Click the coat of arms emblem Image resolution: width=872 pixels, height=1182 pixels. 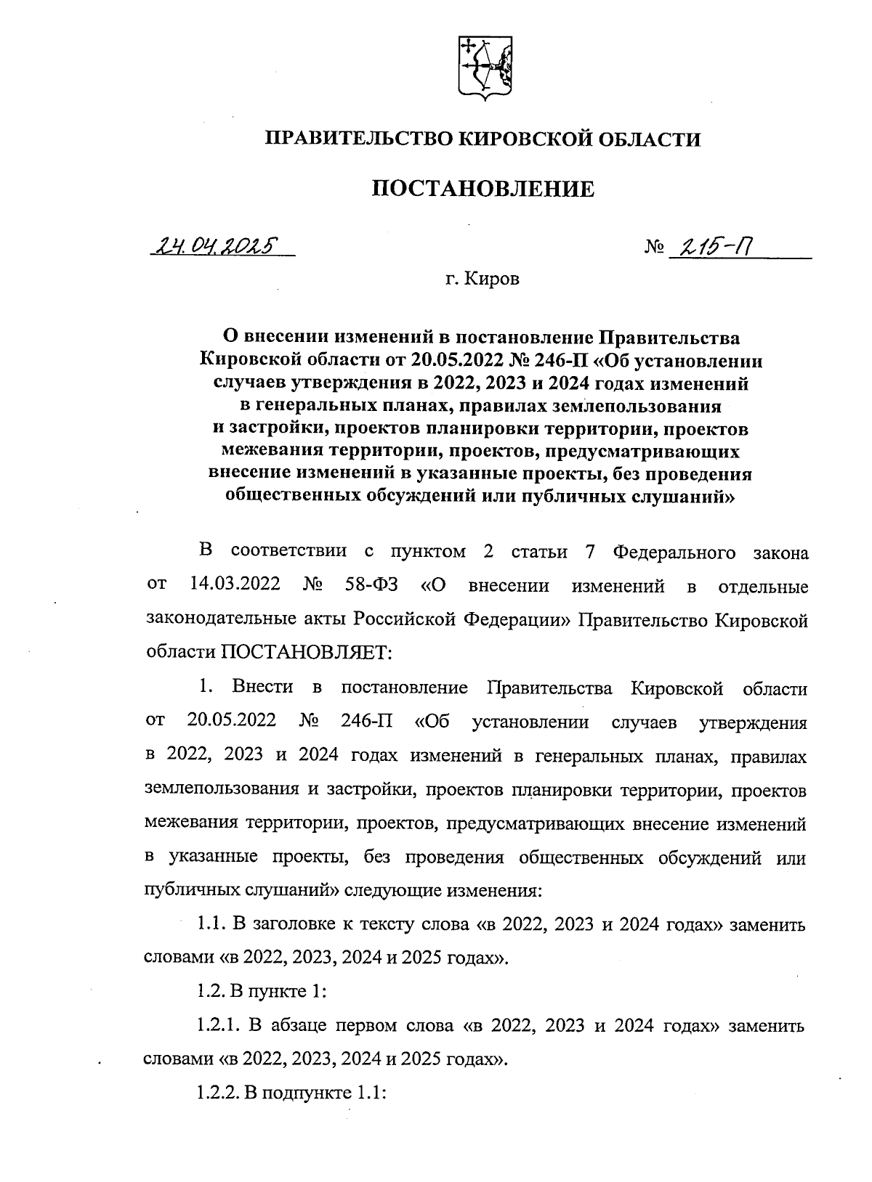pyautogui.click(x=483, y=68)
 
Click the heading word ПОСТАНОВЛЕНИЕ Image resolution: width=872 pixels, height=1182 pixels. pyautogui.click(x=483, y=189)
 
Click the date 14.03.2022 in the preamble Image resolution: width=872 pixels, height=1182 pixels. pyautogui.click(x=235, y=585)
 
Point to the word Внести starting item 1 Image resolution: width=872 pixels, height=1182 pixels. pyautogui.click(x=262, y=688)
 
